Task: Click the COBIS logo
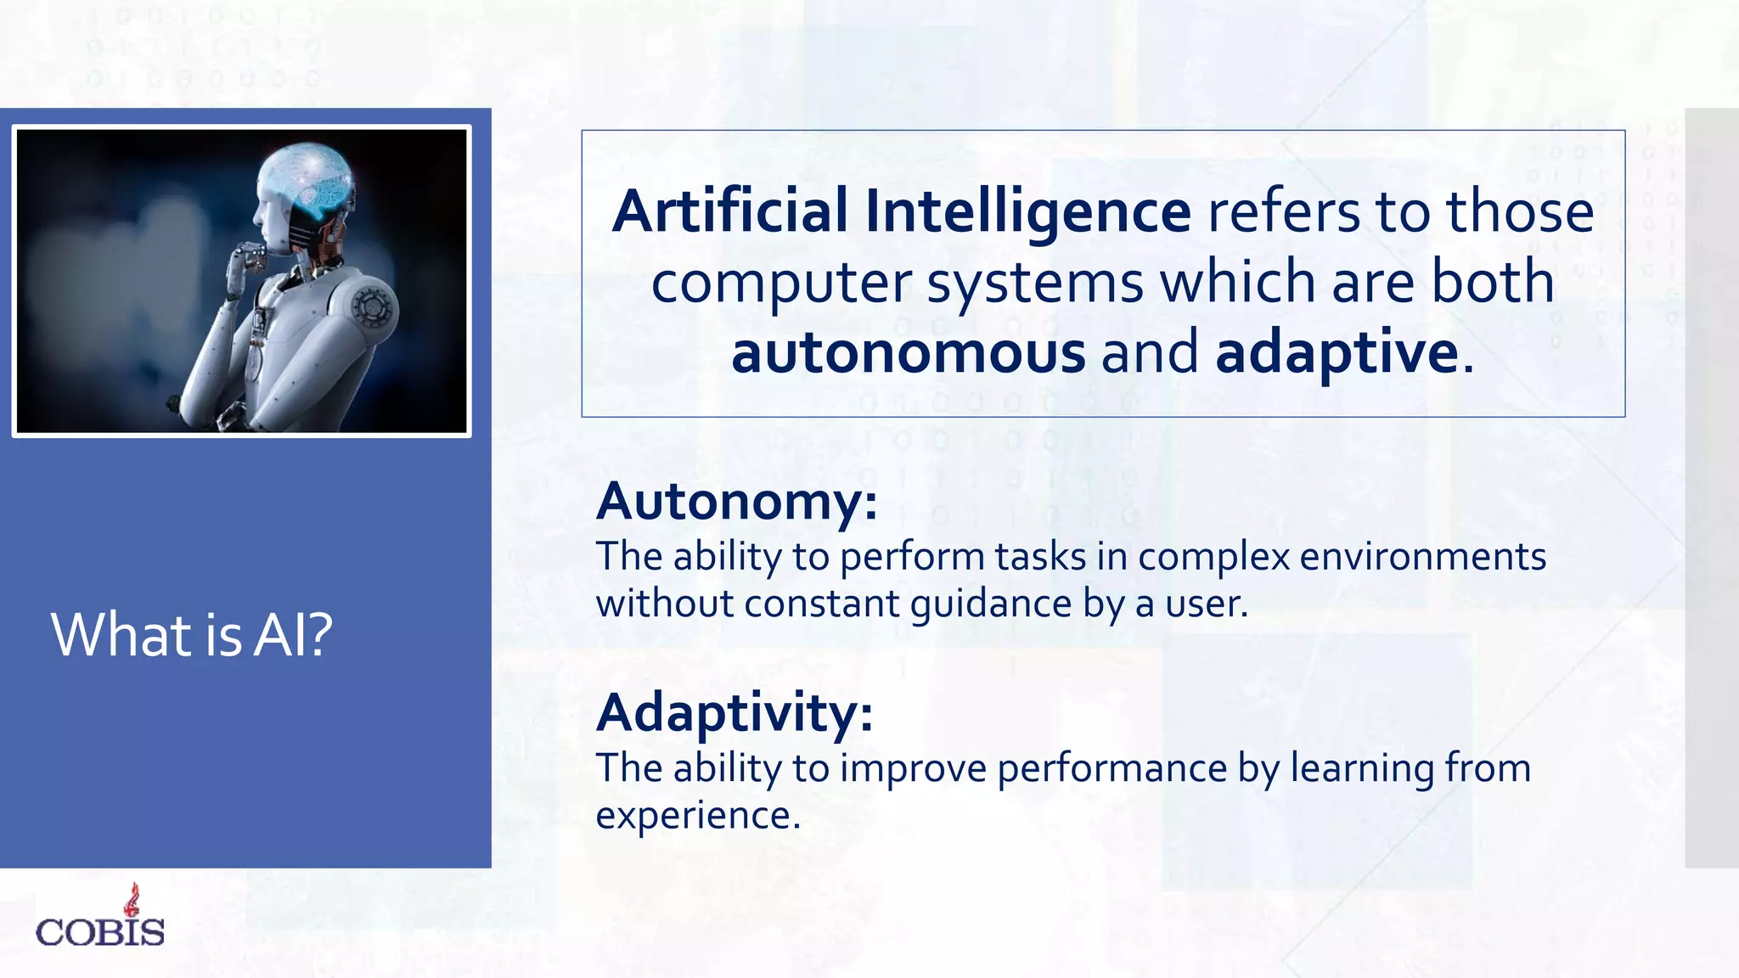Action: (100, 922)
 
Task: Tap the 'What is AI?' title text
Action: (192, 634)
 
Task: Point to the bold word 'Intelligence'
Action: (1027, 211)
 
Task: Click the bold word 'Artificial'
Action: (730, 211)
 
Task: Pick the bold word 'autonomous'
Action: (908, 352)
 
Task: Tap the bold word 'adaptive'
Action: (1337, 352)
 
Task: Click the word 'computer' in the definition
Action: (781, 283)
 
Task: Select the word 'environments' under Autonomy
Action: (1422, 557)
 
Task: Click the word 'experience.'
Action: (698, 815)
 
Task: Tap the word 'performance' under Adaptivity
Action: (1112, 768)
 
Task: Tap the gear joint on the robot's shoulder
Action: (372, 305)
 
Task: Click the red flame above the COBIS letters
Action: (132, 899)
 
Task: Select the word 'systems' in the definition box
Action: (1035, 283)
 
